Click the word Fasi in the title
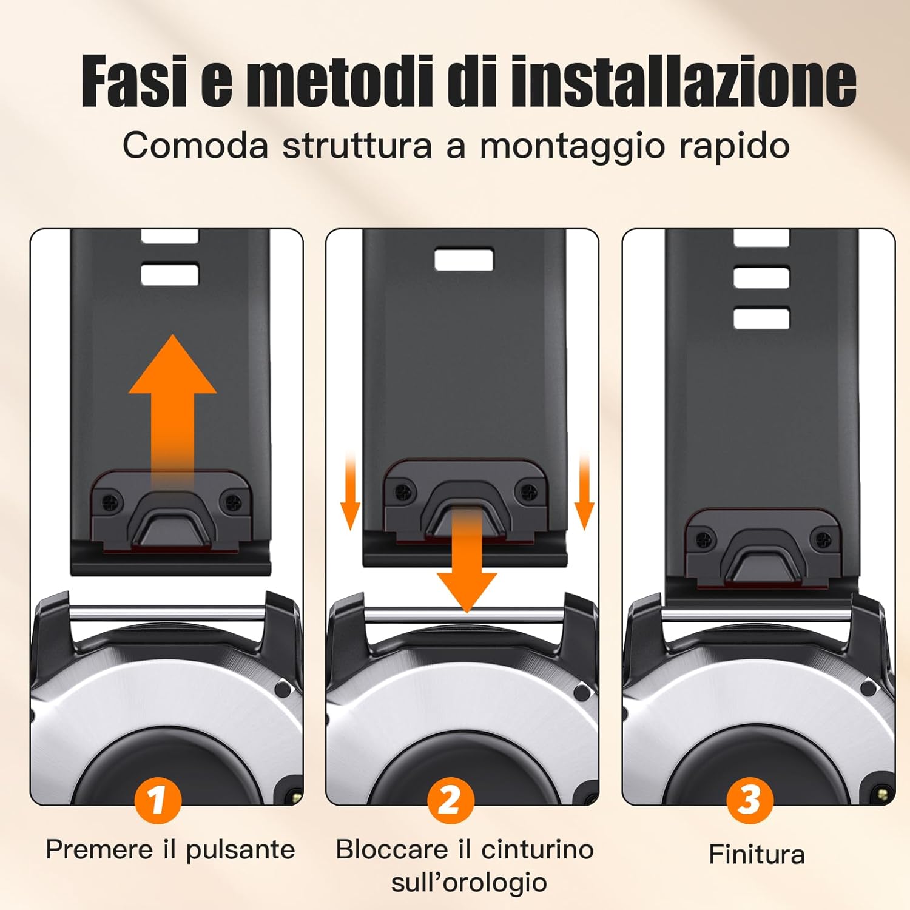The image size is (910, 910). [x=135, y=81]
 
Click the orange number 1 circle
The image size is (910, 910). [x=158, y=800]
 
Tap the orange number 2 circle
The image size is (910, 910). [x=450, y=800]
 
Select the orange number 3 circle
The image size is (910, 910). [x=750, y=800]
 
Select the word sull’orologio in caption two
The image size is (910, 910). [x=468, y=882]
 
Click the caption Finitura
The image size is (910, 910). [x=757, y=854]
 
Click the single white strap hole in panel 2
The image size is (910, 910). [x=464, y=260]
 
